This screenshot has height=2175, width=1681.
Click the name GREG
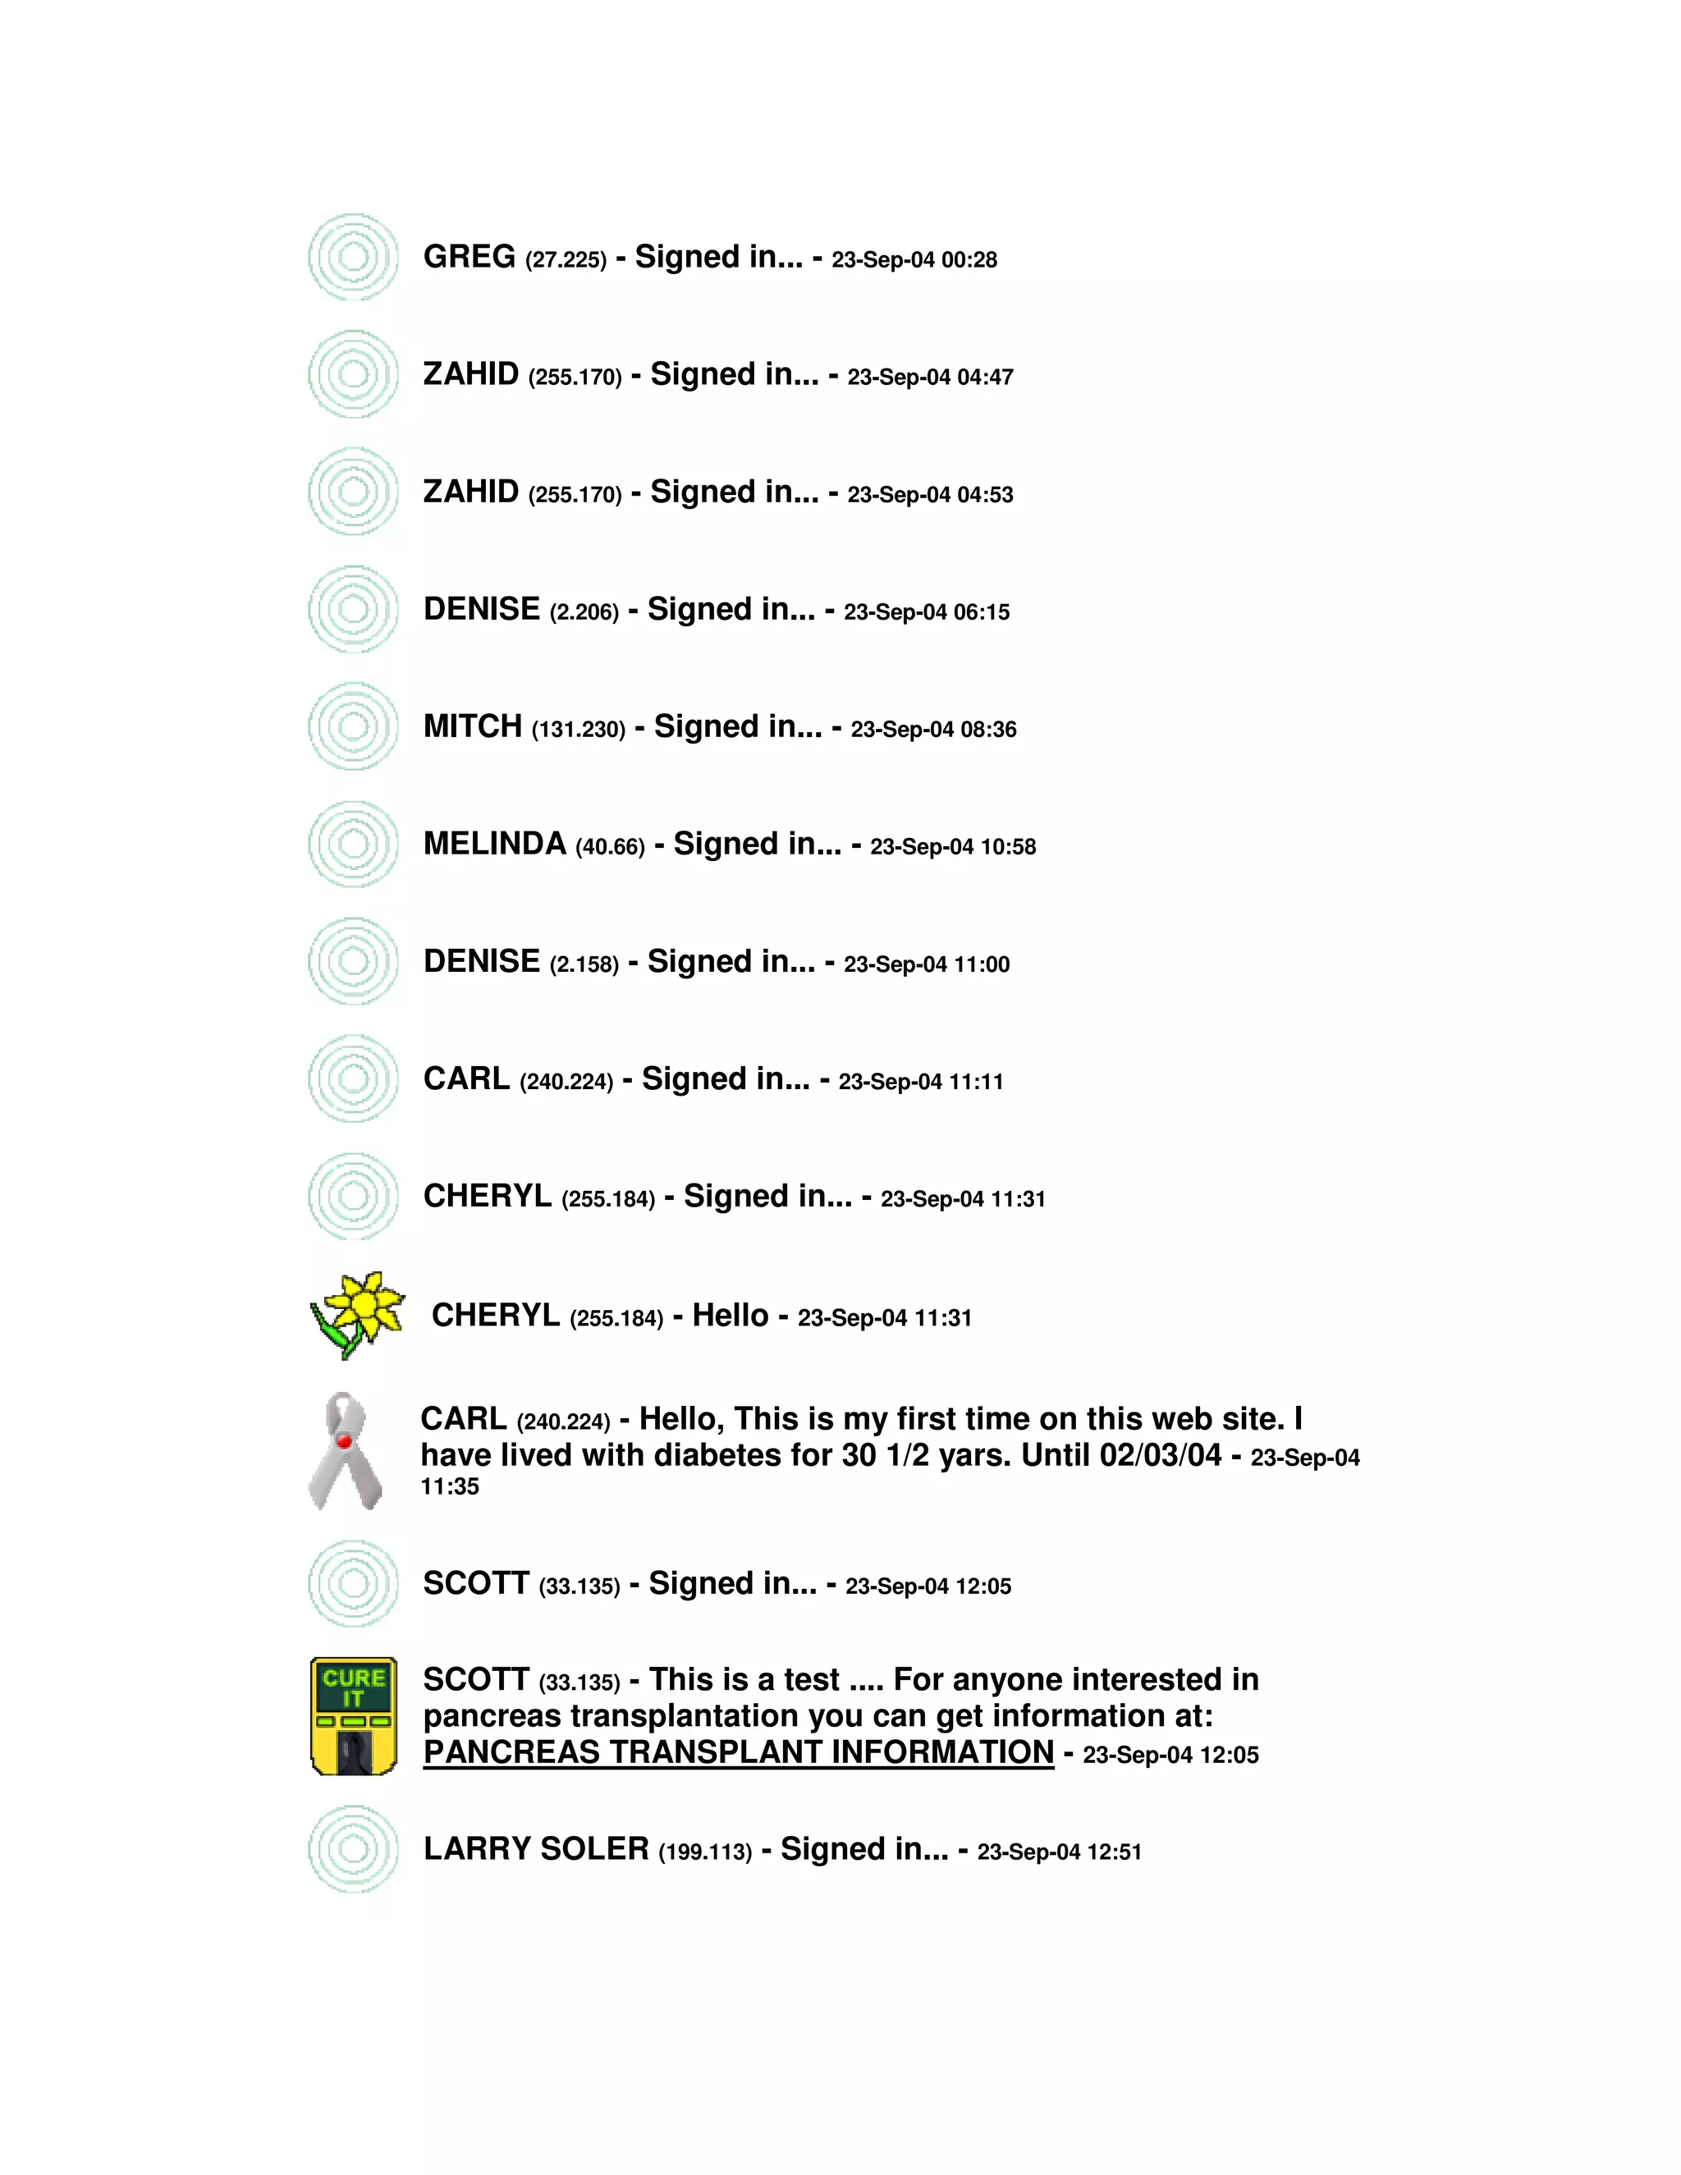tap(469, 257)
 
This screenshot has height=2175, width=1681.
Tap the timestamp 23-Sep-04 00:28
tap(914, 260)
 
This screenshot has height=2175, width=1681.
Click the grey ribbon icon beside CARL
tap(345, 1451)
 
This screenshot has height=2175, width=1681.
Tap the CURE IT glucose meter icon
tap(354, 1716)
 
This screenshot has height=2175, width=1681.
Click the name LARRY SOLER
tap(536, 1849)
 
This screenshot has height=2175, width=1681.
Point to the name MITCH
tap(472, 727)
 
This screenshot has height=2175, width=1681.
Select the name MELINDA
tap(494, 845)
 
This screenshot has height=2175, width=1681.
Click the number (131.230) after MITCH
tap(579, 730)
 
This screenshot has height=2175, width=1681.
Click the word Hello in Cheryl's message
tap(730, 1316)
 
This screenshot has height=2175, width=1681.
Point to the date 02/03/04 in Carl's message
tap(1160, 1455)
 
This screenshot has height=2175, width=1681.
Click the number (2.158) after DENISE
tap(584, 965)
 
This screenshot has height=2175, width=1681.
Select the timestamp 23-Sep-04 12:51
tap(1059, 1852)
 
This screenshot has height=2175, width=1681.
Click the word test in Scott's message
tap(812, 1680)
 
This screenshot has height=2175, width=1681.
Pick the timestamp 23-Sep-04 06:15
tap(926, 612)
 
